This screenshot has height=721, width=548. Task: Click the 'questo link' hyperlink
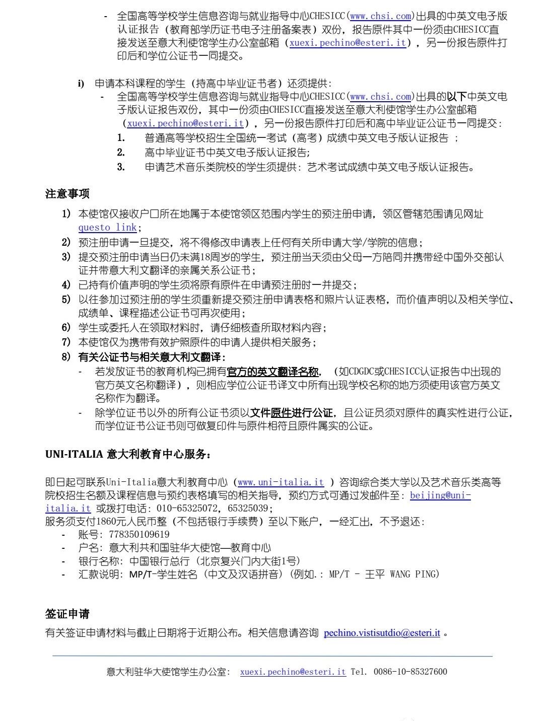point(107,227)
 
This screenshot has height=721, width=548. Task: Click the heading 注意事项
point(67,193)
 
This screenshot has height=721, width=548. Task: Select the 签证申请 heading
point(67,614)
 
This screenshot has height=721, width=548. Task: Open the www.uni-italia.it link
point(281,482)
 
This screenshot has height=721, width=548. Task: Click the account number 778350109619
point(139,534)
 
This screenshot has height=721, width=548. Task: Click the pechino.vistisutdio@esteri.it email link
point(382,633)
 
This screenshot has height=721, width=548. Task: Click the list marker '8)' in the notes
point(66,357)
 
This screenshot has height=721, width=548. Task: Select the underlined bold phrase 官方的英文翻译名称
point(273,372)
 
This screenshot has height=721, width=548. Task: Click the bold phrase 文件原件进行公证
point(292,413)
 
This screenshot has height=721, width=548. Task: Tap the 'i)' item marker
point(81,84)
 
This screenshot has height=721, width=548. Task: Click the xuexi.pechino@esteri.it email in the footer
point(293,672)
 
